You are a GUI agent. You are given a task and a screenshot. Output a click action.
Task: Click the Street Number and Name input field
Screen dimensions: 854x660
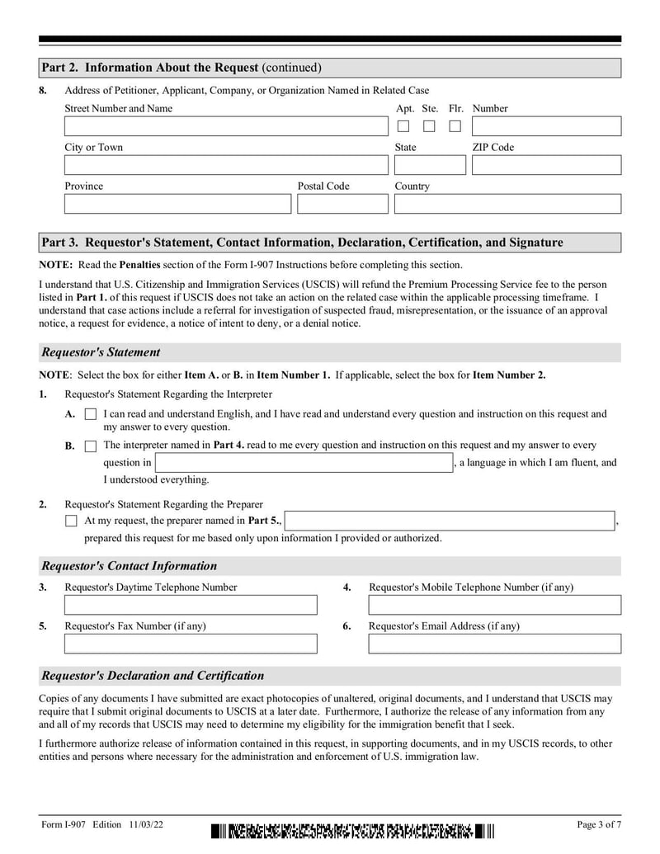225,126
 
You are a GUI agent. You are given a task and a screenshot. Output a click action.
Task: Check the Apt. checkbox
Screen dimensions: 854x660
403,126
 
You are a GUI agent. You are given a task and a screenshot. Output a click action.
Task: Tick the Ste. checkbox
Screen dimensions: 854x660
429,126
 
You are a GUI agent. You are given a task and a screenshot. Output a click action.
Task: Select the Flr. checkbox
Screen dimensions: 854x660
455,126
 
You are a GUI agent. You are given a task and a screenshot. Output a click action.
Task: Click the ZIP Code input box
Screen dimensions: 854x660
546,165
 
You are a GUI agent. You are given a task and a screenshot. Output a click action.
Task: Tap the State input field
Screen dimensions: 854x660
430,165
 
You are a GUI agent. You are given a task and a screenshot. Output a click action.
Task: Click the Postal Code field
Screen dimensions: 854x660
342,204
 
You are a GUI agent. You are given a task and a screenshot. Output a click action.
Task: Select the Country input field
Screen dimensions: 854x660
507,204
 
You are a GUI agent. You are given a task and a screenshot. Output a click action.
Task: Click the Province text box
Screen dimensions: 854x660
177,204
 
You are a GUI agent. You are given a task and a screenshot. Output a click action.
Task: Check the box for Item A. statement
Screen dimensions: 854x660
91,414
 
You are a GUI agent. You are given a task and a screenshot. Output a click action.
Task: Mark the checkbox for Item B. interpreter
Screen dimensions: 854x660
91,446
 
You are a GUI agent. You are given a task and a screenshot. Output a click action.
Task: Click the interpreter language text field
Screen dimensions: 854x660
304,462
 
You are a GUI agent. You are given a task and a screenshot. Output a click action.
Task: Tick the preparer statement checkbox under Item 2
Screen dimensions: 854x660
71,521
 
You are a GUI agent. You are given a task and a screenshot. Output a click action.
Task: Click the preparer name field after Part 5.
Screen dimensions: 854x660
450,521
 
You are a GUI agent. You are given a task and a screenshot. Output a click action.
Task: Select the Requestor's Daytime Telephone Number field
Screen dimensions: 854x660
191,605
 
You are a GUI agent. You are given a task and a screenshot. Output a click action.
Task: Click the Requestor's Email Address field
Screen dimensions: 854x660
494,644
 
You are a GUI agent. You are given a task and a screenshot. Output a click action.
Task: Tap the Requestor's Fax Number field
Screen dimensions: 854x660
191,644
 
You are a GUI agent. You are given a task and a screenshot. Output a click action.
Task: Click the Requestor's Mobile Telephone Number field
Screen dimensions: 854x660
494,605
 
